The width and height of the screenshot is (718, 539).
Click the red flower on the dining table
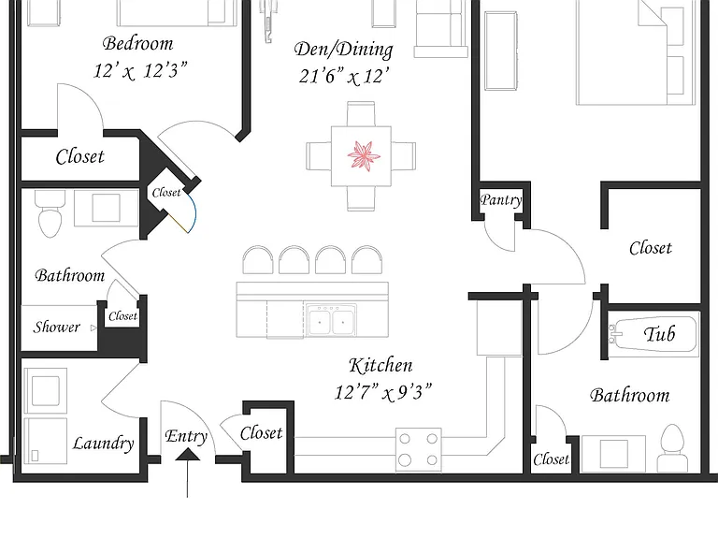click(364, 156)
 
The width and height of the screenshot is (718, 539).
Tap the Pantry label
click(501, 200)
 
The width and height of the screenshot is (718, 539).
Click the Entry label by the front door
click(186, 436)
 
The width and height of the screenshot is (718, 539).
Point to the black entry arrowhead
click(188, 454)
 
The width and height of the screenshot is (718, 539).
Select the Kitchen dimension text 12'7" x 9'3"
click(382, 392)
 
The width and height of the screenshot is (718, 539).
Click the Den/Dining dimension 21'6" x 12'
click(344, 76)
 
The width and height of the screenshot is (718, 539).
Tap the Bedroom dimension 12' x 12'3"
click(140, 70)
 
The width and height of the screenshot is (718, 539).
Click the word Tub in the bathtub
click(659, 334)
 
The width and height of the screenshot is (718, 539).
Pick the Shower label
click(56, 327)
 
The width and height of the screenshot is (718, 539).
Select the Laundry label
click(103, 444)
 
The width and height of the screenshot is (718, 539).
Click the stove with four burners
click(419, 449)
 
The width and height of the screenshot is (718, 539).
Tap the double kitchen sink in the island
click(332, 320)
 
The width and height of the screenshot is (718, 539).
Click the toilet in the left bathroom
click(50, 214)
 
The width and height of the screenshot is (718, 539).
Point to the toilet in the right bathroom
click(672, 447)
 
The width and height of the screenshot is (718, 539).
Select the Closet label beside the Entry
click(261, 432)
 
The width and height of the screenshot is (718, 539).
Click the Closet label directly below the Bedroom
click(79, 157)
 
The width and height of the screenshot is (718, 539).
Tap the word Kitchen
click(381, 365)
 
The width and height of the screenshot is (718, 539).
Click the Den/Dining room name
click(343, 50)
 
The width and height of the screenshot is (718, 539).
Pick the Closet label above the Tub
click(651, 248)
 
